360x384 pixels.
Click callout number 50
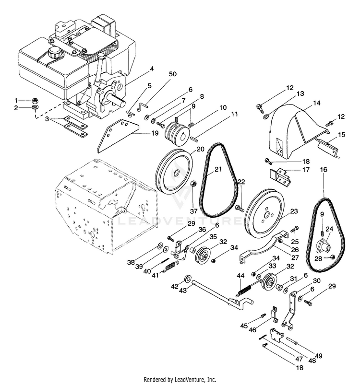(x=172, y=74)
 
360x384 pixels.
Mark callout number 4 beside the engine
(x=152, y=69)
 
